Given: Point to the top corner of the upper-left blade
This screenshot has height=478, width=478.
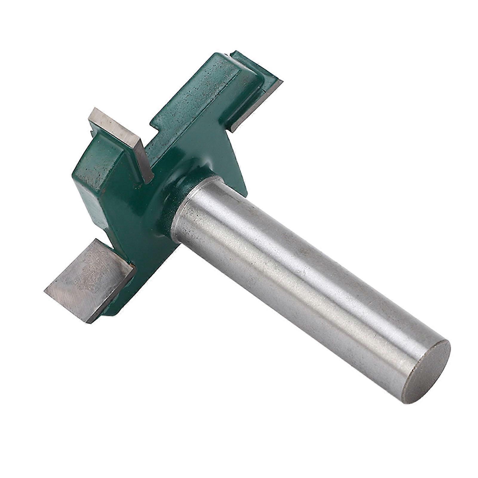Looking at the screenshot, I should pos(95,108).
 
